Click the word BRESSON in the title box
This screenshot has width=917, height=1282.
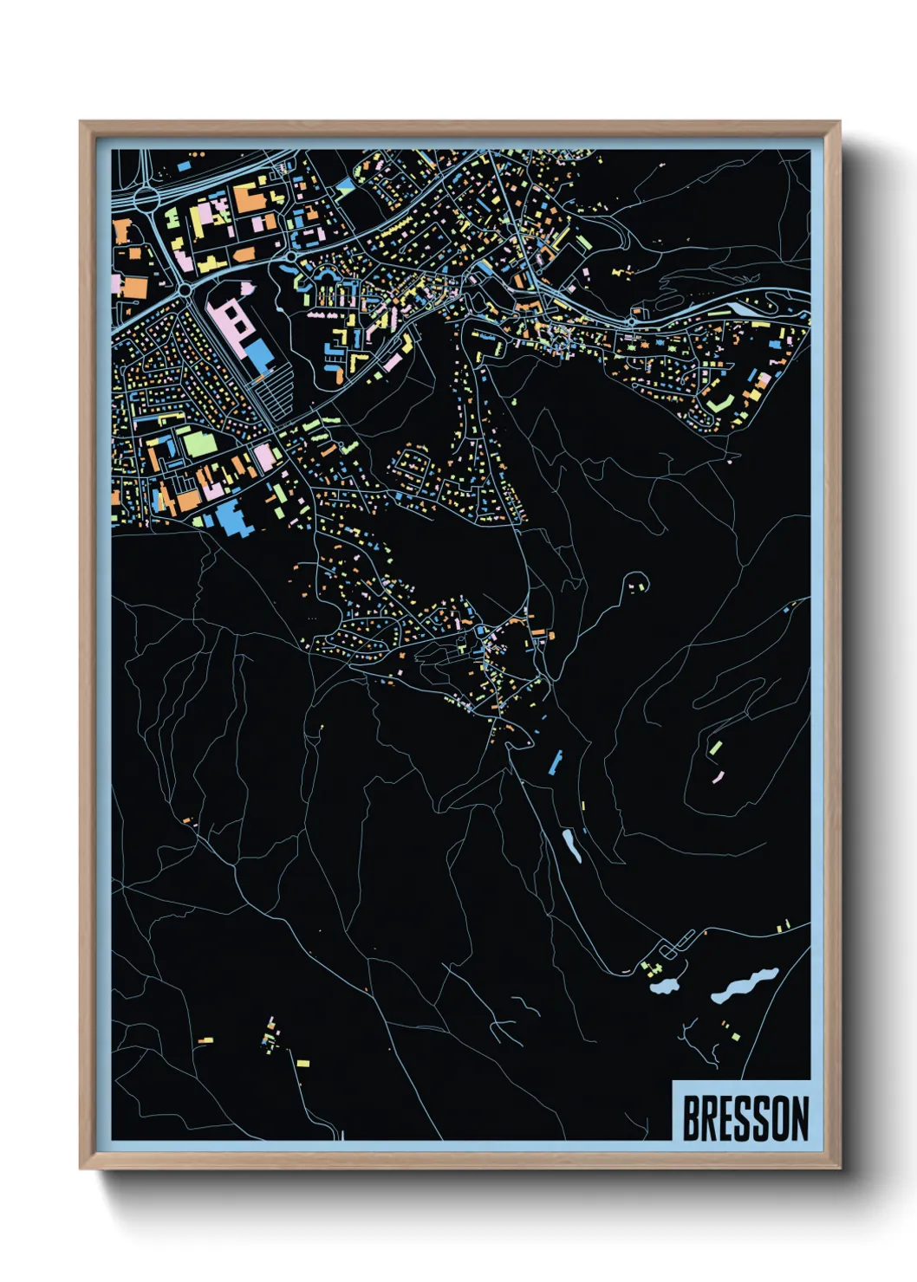(x=745, y=1118)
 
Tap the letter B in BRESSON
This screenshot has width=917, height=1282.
(x=692, y=1118)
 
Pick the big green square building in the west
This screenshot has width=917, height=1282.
(x=197, y=444)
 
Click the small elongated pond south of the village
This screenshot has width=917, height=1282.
(x=572, y=845)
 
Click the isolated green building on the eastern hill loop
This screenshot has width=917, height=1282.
(x=716, y=748)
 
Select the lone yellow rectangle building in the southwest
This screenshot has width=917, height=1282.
(x=302, y=1063)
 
